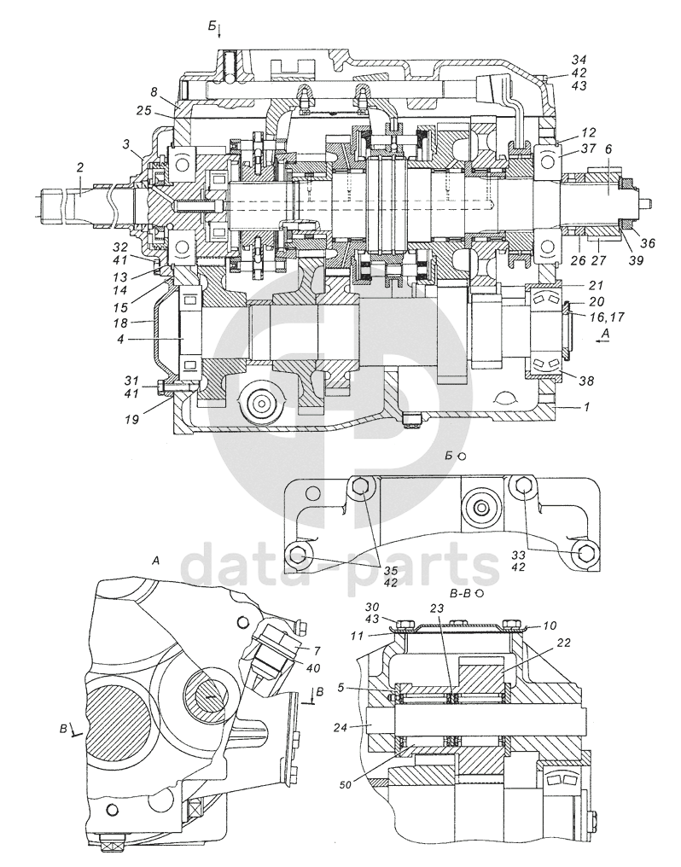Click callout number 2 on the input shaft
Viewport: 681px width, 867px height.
click(79, 168)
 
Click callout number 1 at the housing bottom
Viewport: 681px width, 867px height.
click(586, 409)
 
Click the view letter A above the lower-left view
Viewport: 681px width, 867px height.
click(155, 561)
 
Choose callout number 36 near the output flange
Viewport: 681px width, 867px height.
click(649, 243)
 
